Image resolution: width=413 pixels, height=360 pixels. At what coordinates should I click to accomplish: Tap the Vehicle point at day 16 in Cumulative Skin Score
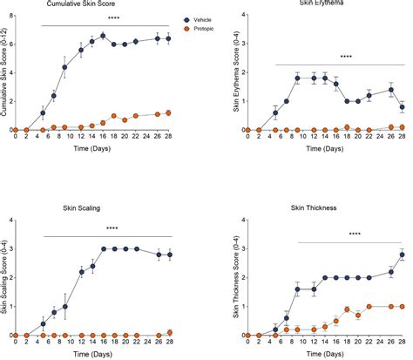click(x=103, y=36)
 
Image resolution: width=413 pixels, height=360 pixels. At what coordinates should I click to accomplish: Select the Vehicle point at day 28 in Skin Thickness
click(x=400, y=255)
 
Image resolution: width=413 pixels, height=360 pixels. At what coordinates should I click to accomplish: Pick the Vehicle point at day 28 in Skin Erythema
click(x=400, y=107)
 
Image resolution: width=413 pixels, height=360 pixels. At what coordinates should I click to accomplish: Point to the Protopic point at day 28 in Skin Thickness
click(x=400, y=306)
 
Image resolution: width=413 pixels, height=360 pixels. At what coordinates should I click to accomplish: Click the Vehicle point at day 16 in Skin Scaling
click(x=103, y=248)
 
